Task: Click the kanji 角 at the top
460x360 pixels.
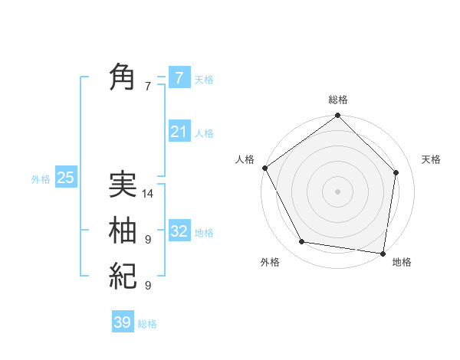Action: click(x=123, y=77)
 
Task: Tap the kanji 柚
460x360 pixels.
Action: click(x=123, y=230)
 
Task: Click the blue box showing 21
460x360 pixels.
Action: click(x=179, y=132)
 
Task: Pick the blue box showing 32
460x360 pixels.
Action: click(x=179, y=231)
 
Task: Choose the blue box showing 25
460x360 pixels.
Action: click(x=65, y=178)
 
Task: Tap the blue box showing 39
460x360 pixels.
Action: click(x=122, y=322)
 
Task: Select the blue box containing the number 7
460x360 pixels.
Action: click(x=179, y=77)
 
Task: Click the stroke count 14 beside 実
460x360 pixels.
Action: click(x=148, y=194)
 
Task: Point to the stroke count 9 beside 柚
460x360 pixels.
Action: click(x=148, y=240)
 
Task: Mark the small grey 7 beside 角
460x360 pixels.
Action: click(x=148, y=87)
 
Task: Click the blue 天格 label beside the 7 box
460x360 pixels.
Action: click(x=204, y=79)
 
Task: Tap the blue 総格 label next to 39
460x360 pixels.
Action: click(x=147, y=324)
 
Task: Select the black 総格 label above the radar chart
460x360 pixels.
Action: click(x=337, y=100)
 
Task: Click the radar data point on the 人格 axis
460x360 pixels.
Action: click(x=264, y=168)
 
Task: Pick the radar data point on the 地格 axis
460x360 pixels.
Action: click(x=383, y=253)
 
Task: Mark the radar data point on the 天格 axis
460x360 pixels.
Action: click(x=396, y=172)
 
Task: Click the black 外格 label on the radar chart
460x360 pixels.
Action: click(x=270, y=263)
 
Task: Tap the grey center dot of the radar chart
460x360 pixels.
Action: click(x=337, y=191)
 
